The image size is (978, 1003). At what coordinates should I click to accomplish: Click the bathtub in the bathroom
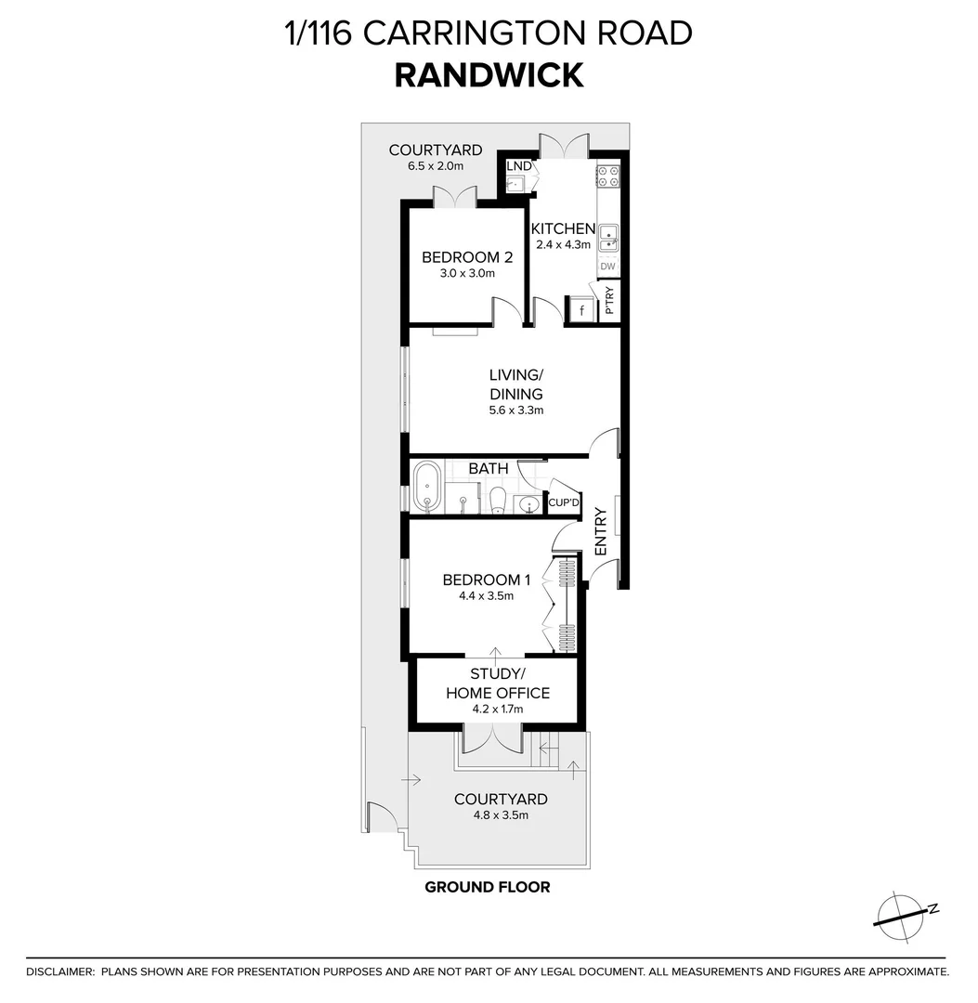(428, 486)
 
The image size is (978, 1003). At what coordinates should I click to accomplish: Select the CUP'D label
(563, 502)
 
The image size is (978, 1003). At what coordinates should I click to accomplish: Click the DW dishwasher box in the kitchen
(607, 267)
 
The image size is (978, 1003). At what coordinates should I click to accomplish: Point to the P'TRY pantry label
(609, 300)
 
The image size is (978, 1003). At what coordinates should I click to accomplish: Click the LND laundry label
(519, 166)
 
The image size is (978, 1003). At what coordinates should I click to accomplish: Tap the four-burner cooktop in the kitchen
(608, 177)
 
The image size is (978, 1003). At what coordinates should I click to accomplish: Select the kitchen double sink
(608, 238)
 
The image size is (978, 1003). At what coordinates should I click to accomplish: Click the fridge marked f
(581, 310)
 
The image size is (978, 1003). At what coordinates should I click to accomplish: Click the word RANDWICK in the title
(489, 74)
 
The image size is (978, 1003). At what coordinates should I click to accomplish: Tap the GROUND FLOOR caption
(487, 887)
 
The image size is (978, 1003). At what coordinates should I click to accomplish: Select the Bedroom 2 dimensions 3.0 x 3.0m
(467, 274)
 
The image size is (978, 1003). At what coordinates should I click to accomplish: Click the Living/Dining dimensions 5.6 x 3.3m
(516, 410)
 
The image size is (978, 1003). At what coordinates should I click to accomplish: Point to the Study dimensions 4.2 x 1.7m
(498, 710)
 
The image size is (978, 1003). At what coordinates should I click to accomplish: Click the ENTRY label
(600, 531)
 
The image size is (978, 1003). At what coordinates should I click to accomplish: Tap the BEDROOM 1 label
(486, 580)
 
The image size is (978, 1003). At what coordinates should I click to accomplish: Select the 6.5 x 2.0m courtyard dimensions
(435, 166)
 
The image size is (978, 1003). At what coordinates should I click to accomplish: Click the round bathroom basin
(528, 505)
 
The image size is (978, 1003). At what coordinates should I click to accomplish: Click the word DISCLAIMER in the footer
(60, 971)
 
